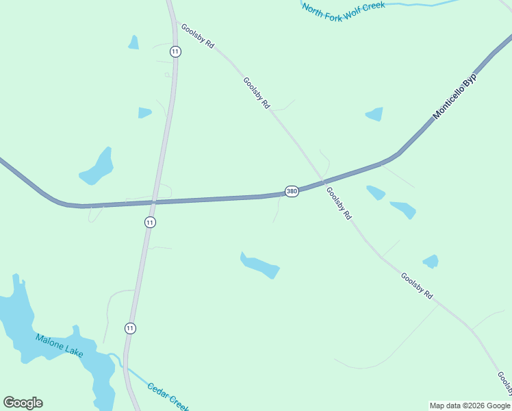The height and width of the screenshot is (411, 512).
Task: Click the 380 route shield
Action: (x=292, y=191)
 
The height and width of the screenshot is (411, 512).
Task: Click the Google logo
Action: (x=23, y=403)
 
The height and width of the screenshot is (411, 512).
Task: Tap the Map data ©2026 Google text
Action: (x=470, y=406)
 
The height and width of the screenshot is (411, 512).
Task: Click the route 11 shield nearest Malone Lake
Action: (x=130, y=328)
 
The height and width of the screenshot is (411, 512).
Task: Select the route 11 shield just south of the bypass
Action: (x=150, y=222)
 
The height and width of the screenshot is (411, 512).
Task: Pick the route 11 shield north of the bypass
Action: (x=175, y=51)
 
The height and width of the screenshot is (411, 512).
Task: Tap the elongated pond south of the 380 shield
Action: (x=259, y=265)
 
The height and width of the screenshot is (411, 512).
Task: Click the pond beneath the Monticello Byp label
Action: (x=375, y=114)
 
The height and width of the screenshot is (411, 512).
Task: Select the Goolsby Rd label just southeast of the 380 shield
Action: (x=339, y=203)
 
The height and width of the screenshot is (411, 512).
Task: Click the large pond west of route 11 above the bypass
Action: (x=97, y=168)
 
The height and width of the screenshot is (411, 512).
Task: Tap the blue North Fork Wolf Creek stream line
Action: (x=418, y=4)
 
